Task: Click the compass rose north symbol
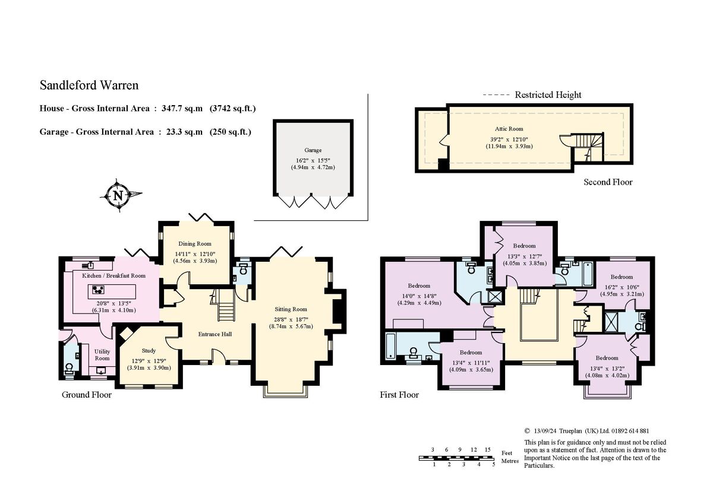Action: (118, 195)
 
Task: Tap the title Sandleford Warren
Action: (89, 85)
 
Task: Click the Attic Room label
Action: (509, 129)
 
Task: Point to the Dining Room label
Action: (195, 243)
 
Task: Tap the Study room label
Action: (149, 351)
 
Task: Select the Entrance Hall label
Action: (214, 334)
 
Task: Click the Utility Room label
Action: (102, 355)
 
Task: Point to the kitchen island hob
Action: (98, 290)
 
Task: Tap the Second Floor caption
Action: (607, 182)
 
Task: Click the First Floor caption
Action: (399, 395)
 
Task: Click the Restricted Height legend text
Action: (548, 95)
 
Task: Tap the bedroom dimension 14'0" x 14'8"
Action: (418, 295)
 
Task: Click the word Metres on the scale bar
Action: (509, 461)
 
